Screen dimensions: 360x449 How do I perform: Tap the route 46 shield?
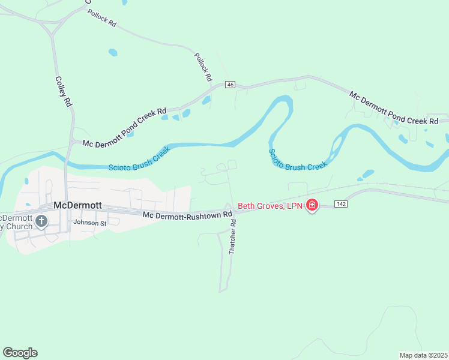(x=231, y=85)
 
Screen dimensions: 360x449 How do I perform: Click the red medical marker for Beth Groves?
(x=312, y=206)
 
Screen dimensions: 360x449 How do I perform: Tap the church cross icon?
(x=41, y=221)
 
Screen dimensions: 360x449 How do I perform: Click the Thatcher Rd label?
(x=233, y=237)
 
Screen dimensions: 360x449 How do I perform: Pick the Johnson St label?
(x=89, y=222)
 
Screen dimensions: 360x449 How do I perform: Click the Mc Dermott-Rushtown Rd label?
(x=187, y=214)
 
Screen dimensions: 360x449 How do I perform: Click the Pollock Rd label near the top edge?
(x=101, y=18)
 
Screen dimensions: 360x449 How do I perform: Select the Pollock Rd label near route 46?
(x=203, y=67)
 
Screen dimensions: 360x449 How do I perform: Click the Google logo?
(x=20, y=353)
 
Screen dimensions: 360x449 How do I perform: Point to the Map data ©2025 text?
(x=423, y=355)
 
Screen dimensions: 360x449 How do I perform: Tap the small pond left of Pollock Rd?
(x=113, y=52)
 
